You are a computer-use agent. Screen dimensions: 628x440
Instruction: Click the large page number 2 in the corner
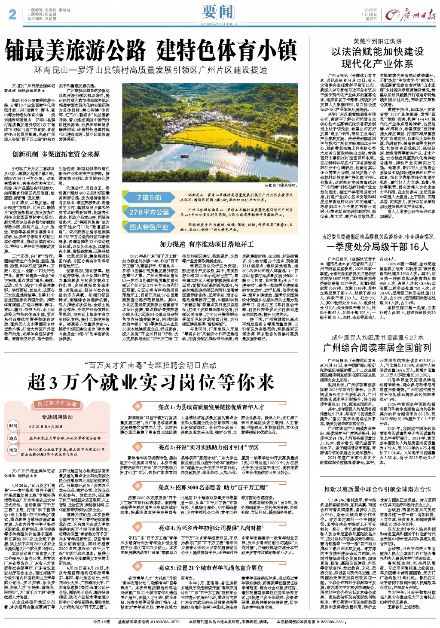[x=12, y=14]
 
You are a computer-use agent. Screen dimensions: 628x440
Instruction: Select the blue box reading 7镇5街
[x=149, y=197]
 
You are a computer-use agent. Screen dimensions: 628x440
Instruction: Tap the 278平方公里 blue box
[x=149, y=212]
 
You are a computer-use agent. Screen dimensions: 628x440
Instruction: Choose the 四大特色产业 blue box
[x=149, y=227]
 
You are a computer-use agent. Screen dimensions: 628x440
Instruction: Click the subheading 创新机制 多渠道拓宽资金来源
[x=56, y=154]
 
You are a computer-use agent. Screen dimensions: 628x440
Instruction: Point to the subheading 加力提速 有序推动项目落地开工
[x=206, y=244]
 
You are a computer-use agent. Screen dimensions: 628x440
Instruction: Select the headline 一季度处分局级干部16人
[x=377, y=246]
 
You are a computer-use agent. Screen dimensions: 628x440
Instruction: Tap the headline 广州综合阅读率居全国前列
[x=377, y=347]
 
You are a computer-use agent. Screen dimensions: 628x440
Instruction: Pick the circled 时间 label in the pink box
[x=13, y=426]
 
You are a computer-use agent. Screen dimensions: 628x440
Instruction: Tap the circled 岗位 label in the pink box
[x=13, y=450]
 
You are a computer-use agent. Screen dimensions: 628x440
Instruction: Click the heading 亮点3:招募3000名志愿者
[x=212, y=487]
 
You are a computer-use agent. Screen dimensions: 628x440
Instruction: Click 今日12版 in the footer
[x=102, y=622]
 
